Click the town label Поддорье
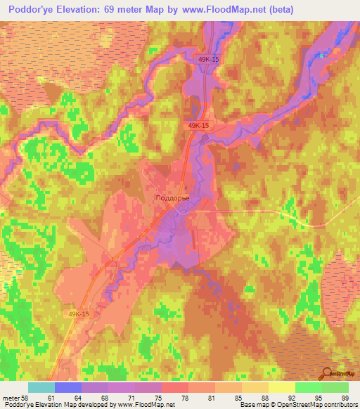click(171, 199)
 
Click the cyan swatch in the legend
click(41, 387)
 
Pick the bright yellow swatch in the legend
click(281, 387)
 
